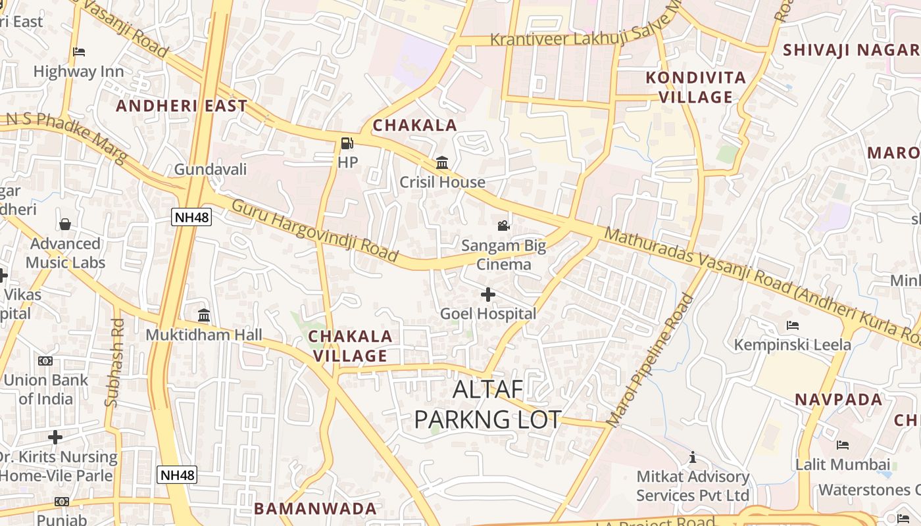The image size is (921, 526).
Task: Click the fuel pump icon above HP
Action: [347, 143]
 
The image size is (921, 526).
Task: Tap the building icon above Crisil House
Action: [442, 162]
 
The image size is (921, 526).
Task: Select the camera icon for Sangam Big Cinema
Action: [503, 226]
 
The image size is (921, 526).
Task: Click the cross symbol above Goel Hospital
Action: [487, 294]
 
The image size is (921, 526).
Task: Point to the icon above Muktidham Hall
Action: [204, 316]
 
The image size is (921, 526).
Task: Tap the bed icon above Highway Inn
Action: [79, 51]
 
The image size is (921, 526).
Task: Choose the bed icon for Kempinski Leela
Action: [792, 325]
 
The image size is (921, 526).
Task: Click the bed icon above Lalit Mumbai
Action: [843, 445]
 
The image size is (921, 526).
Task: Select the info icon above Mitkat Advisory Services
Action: [692, 457]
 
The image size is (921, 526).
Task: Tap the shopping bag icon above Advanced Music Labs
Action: [65, 224]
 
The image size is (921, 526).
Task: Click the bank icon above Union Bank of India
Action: [45, 361]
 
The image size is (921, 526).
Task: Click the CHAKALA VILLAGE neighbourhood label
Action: [350, 346]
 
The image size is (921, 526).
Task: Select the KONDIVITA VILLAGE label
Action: [696, 87]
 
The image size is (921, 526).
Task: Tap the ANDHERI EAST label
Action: [182, 106]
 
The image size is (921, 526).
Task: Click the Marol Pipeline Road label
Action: [650, 360]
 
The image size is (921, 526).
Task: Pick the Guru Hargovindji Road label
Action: [315, 229]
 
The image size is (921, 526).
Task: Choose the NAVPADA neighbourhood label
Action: [838, 400]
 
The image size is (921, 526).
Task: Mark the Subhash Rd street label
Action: [115, 362]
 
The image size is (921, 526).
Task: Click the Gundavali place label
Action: [210, 170]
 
